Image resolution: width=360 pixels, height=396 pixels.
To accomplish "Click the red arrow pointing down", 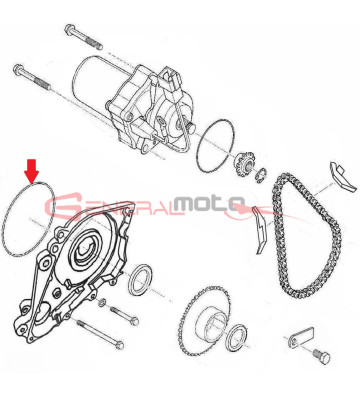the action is pyautogui.click(x=31, y=171).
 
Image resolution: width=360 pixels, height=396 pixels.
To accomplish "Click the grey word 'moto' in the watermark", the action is pyautogui.click(x=209, y=204).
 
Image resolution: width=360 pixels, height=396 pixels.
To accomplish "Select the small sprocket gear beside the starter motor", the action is pyautogui.click(x=245, y=163).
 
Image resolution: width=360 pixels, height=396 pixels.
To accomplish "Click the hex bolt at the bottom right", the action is pyautogui.click(x=321, y=356).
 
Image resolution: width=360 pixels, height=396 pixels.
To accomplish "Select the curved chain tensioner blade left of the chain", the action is pyautogui.click(x=258, y=230).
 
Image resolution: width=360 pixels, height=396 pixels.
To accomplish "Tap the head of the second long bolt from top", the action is pyautogui.click(x=17, y=70).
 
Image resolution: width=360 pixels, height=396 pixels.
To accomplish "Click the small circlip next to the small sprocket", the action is pyautogui.click(x=260, y=175).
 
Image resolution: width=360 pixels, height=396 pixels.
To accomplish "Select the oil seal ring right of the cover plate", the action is pyautogui.click(x=140, y=280).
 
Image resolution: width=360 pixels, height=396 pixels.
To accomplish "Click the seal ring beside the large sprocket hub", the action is pyautogui.click(x=237, y=337).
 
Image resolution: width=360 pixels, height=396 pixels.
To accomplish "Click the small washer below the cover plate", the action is pyautogui.click(x=103, y=303).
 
